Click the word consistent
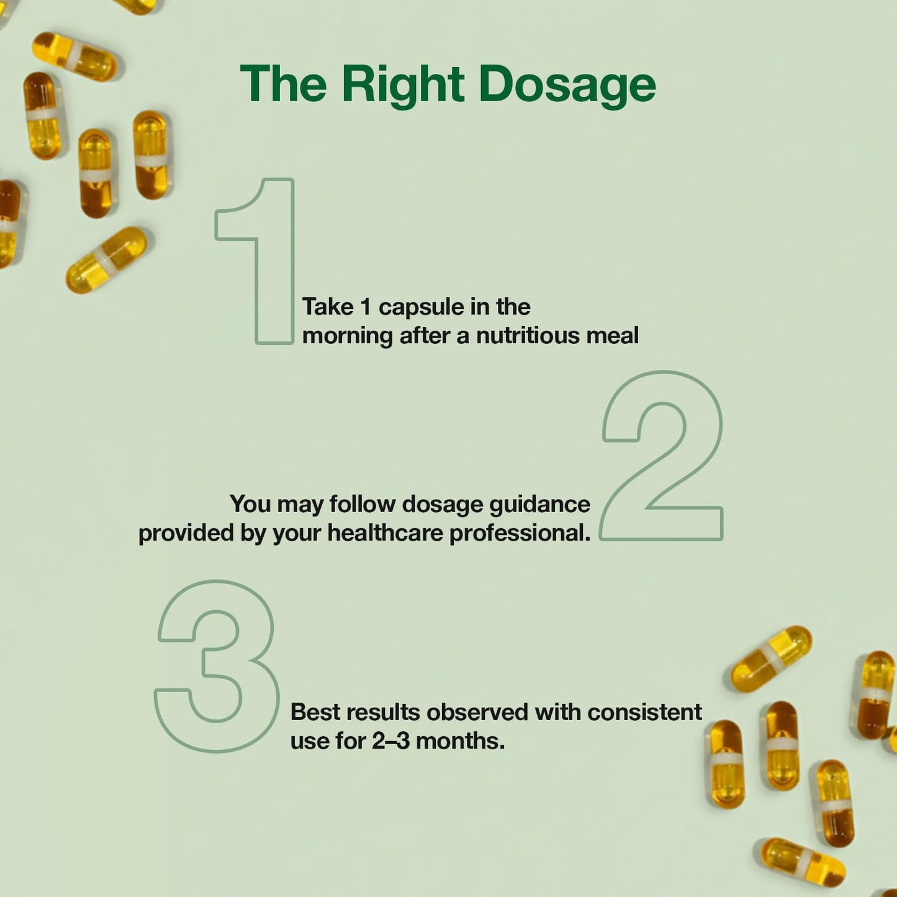tap(644, 712)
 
